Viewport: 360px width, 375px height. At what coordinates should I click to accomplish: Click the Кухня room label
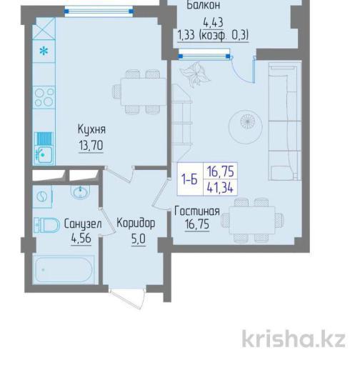coord(91,130)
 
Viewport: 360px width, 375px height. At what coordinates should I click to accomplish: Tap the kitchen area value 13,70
coord(91,145)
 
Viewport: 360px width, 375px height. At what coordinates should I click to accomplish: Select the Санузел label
coord(83,224)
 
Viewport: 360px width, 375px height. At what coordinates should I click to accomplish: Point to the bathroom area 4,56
coord(81,238)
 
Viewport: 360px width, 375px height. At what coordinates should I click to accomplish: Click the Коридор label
coord(136,223)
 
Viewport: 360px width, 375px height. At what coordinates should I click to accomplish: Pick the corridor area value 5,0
coord(139,239)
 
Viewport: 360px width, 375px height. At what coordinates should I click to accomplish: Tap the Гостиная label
coord(197,211)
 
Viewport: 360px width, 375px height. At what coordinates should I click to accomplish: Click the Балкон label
coord(203,5)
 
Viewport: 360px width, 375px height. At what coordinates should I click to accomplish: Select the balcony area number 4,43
coord(213,22)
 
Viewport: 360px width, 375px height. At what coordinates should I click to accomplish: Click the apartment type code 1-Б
coord(190,179)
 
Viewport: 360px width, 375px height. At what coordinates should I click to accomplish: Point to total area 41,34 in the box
coord(220,187)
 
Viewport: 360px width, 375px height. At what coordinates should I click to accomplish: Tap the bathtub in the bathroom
coord(64,270)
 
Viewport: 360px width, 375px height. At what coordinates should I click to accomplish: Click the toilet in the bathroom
coord(46,225)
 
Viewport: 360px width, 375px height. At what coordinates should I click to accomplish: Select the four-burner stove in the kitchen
coord(44,97)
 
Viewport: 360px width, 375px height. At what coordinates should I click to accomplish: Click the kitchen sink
coord(44,149)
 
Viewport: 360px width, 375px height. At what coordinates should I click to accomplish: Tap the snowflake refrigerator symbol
coord(44,51)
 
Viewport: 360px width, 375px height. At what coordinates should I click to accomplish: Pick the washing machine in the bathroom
coord(42,197)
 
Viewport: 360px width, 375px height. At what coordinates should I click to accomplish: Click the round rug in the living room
coord(246,127)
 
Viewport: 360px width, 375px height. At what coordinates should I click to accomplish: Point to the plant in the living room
coord(195,74)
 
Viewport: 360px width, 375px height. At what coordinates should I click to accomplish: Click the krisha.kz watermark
coord(294,339)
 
